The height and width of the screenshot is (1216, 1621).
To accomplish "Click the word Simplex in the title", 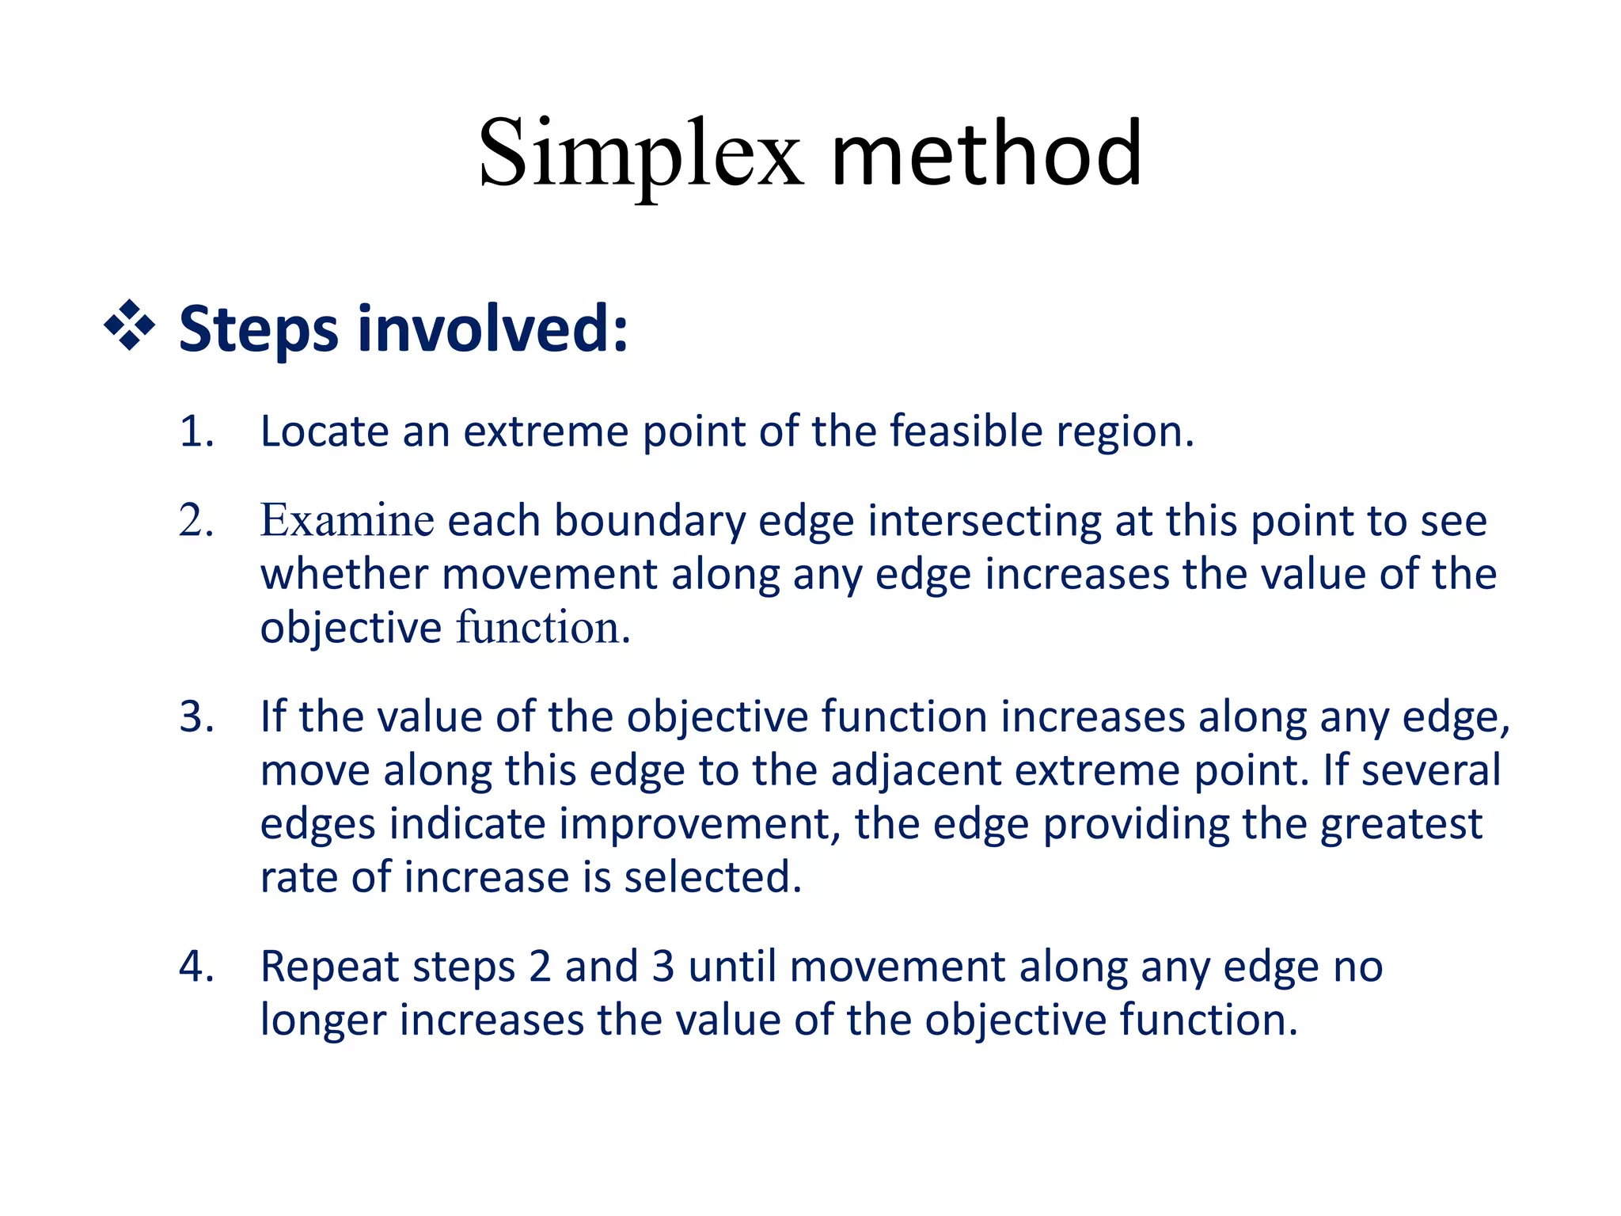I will point(640,154).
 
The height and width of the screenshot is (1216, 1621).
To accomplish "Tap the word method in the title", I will point(986,154).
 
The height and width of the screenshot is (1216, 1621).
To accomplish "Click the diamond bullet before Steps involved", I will point(129,325).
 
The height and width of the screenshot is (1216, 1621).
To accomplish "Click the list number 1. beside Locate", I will point(196,432).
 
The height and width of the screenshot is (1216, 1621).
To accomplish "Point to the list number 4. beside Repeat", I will point(196,967).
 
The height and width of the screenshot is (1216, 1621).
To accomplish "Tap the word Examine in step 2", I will point(347,521).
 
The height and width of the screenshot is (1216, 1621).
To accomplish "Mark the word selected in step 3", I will point(712,877).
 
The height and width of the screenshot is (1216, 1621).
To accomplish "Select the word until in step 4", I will point(732,967).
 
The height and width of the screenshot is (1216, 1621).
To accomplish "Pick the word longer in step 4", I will point(327,1021).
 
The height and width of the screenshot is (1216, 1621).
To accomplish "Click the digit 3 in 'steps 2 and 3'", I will point(663,967).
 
